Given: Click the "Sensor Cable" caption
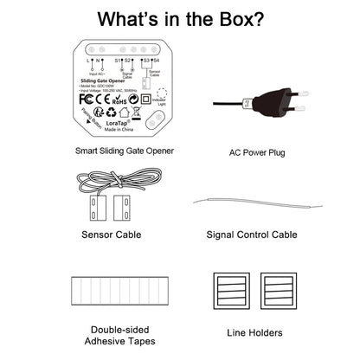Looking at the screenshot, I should tap(111, 235).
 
